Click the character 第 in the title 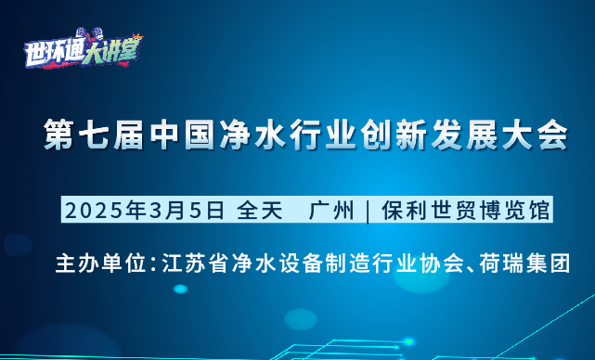(x=58, y=135)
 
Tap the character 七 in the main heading (x=93, y=135)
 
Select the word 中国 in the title (x=181, y=135)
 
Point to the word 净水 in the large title (x=252, y=135)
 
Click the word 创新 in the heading (x=392, y=135)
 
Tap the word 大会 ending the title (x=533, y=135)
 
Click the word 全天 (x=260, y=211)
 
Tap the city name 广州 (x=331, y=211)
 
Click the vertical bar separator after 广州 (x=368, y=212)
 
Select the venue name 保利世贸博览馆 (x=465, y=211)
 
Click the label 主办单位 (x=100, y=263)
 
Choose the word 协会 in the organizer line (x=440, y=263)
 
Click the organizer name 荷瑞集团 (x=524, y=263)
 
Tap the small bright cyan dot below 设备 (x=181, y=289)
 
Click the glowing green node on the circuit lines (x=408, y=341)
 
